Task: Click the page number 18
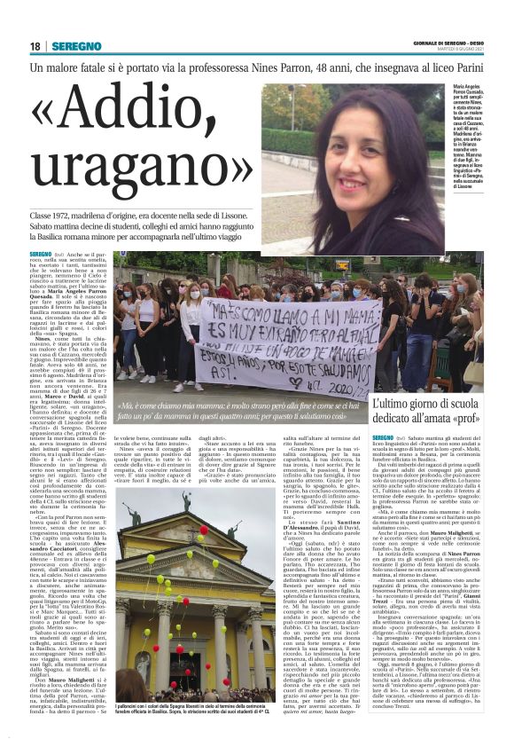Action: [35, 46]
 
